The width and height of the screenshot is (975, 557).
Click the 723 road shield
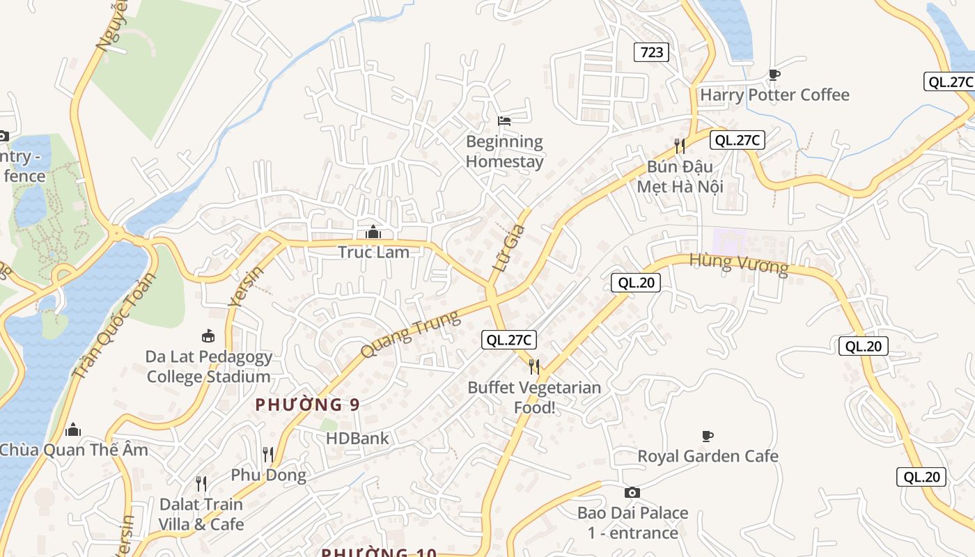651,52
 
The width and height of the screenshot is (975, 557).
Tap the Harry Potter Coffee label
774,95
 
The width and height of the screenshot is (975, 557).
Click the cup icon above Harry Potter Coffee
774,74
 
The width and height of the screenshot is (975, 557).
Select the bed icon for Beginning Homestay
504,121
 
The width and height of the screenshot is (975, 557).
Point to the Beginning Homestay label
504,151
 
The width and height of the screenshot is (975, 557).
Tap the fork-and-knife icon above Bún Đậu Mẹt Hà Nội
680,146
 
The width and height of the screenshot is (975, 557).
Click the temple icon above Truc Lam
373,232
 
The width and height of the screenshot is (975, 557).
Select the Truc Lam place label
373,252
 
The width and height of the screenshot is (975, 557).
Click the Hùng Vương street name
738,264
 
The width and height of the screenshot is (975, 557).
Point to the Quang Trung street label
411,335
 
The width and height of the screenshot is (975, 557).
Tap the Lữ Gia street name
508,249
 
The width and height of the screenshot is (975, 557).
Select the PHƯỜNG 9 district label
307,405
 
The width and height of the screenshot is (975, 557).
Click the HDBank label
357,439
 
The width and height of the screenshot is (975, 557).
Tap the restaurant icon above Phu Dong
268,455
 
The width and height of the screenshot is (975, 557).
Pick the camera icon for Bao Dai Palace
632,493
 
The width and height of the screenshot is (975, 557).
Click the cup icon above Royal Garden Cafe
708,437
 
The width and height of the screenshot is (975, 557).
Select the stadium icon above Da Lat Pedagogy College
208,337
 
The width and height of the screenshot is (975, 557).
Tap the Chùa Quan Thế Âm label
74,450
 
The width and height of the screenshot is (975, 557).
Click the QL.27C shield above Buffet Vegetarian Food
509,340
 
